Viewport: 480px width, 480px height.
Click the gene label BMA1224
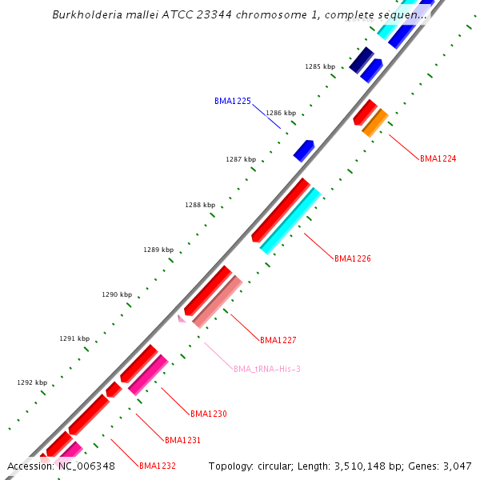click(x=438, y=158)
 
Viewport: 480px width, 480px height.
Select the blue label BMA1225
click(x=233, y=102)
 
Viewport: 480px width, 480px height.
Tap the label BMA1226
click(x=353, y=258)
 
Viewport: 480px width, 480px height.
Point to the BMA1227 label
click(x=278, y=340)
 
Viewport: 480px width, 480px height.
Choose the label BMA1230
click(x=209, y=414)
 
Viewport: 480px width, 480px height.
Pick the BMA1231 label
click(x=182, y=440)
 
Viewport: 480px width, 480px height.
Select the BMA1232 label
click(x=158, y=466)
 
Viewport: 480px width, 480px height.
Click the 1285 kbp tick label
click(x=318, y=67)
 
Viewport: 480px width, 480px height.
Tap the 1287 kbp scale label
click(x=241, y=159)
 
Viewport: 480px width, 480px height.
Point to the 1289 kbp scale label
click(x=158, y=250)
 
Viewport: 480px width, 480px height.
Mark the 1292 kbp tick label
click(x=32, y=382)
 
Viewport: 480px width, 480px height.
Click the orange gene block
click(x=374, y=122)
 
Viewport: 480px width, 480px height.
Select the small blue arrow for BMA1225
click(x=304, y=150)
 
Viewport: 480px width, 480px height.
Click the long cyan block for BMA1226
click(x=290, y=221)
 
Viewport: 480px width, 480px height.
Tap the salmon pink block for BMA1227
click(x=217, y=302)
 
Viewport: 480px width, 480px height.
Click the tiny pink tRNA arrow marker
click(x=182, y=318)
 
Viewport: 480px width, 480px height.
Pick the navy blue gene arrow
click(x=362, y=60)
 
